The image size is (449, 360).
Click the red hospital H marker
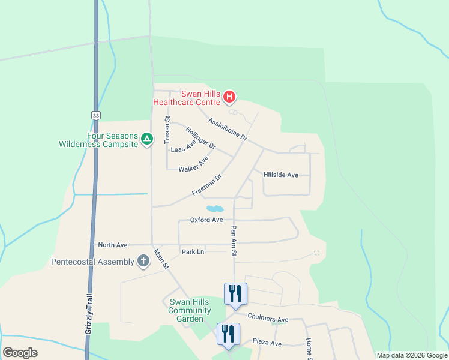229,97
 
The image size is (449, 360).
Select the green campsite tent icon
146,140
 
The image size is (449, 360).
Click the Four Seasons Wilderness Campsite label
98,140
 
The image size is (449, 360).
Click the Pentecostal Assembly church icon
143,261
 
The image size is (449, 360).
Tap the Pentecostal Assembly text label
92,262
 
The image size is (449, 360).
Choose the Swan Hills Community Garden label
190,310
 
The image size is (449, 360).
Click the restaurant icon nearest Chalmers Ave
235,293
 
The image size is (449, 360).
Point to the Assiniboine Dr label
228,128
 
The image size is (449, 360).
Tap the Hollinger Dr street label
200,138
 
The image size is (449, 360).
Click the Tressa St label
167,130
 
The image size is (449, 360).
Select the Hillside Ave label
280,175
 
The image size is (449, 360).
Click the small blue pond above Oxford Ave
214,209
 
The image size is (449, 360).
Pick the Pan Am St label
234,238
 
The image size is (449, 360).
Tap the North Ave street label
113,245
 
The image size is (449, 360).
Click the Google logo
20,353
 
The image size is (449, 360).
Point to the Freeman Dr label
207,185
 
